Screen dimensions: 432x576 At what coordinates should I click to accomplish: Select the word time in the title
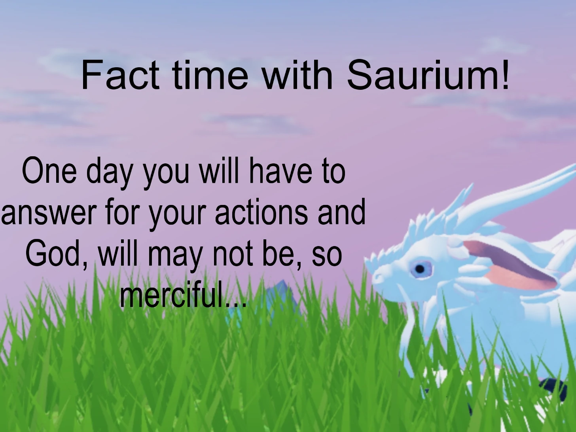click(210, 75)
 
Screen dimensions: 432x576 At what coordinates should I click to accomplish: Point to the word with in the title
click(297, 75)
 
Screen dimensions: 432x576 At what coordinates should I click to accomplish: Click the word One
click(49, 171)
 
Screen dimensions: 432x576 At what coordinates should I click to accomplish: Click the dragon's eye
click(420, 269)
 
